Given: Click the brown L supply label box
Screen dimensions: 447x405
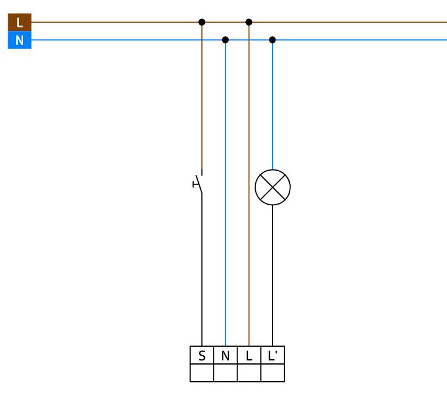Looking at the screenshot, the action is pos(20,22).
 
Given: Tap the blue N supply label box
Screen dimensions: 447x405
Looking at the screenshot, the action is pos(20,40).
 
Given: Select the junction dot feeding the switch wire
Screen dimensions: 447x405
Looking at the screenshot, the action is pos(202,22).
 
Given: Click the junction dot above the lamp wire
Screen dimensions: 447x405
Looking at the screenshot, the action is pos(272,40).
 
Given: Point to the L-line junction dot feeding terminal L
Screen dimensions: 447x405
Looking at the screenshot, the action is pos(249,22).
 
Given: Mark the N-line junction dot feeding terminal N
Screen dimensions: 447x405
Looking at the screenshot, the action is pos(225,40).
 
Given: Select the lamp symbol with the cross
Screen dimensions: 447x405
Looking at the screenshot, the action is pos(272,187).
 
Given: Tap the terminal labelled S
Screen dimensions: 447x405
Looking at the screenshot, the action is pos(202,355).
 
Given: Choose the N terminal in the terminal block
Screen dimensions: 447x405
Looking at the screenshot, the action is pos(226,355).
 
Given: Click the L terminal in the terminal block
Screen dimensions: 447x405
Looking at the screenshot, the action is pos(249,355).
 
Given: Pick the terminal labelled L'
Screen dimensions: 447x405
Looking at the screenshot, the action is pos(272,355).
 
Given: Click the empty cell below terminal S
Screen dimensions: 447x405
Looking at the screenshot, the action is pos(202,373).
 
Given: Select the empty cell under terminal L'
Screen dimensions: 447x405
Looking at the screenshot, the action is pos(272,373).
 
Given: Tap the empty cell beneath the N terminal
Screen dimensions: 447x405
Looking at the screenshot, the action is pos(226,373).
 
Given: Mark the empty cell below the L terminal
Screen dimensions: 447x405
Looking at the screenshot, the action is pos(249,373).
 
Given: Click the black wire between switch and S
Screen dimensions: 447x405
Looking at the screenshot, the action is pos(202,270).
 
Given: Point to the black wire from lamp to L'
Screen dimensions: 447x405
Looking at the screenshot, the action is pos(272,275).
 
